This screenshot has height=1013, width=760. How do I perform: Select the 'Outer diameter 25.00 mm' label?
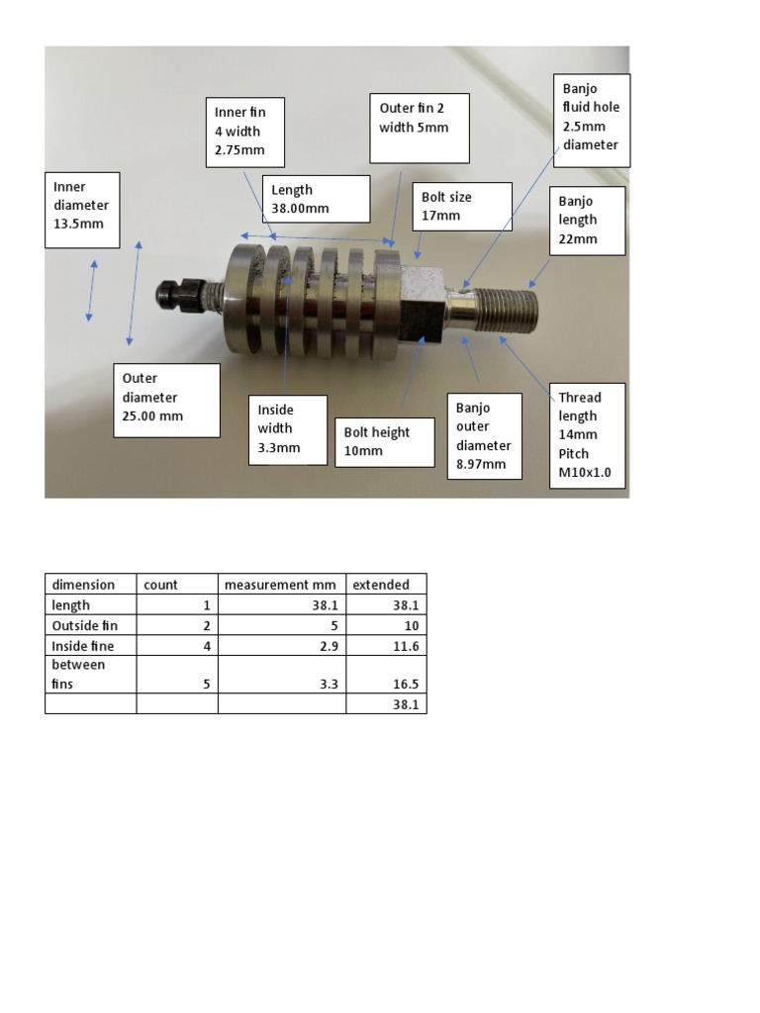point(166,400)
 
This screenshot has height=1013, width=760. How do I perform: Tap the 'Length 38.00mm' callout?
point(316,199)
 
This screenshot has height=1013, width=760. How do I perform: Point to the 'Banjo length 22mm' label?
point(588,220)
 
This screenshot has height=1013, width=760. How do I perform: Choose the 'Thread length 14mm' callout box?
point(589,435)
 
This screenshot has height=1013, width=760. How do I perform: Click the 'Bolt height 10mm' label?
point(385,441)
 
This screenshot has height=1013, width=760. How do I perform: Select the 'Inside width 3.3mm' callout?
point(288,428)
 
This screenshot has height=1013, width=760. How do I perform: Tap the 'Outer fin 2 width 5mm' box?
point(419,128)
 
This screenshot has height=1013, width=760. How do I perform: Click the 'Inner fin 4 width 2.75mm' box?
point(244,133)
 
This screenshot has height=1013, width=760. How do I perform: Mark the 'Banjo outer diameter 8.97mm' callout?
point(484,435)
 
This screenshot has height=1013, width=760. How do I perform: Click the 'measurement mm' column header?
point(281,585)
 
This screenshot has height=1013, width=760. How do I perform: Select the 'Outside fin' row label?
point(90,626)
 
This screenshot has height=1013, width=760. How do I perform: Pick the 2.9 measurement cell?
point(281,646)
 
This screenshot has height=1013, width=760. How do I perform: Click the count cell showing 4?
point(176,646)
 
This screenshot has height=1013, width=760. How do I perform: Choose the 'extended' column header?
point(385,585)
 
